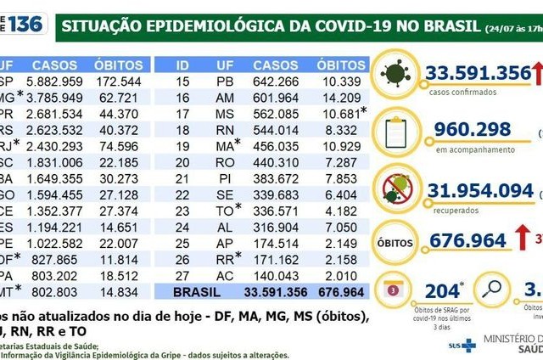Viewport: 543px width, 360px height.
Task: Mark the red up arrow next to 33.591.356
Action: click(x=536, y=74)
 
